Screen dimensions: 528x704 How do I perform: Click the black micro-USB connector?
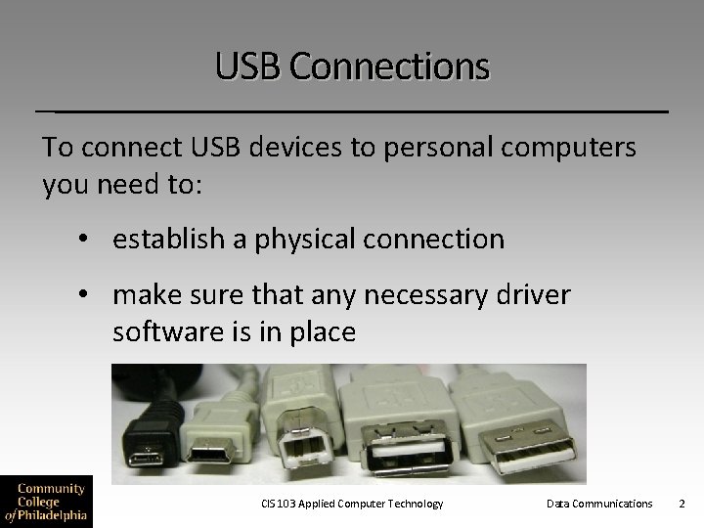tap(150, 457)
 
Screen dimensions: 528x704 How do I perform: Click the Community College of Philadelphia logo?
tap(47, 500)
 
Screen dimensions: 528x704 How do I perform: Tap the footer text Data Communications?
tap(599, 504)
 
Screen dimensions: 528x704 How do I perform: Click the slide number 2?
tap(682, 504)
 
